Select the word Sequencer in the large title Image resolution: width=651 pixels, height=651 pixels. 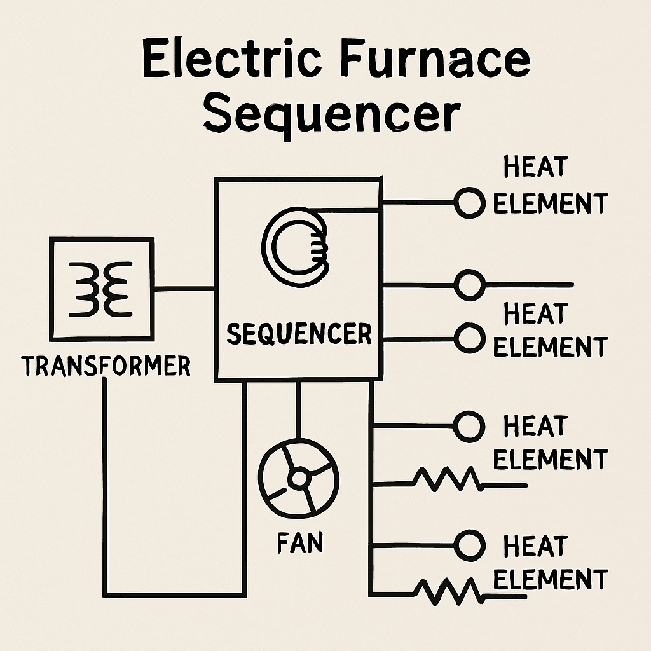coord(332,114)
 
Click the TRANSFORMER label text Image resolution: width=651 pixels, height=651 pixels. coord(106,366)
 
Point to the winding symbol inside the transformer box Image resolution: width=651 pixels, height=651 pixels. coord(102,288)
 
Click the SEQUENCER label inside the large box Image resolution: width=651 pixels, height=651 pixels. coord(299,334)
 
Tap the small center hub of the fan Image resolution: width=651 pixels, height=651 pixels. coord(298,477)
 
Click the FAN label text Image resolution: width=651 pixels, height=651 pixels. coord(299,544)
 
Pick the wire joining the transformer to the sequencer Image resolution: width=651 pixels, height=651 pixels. coord(184,288)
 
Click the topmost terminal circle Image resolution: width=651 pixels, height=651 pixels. coord(470,203)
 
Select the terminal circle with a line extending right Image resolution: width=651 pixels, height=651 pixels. coord(470,284)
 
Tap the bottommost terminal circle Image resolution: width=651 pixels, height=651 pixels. coord(470,545)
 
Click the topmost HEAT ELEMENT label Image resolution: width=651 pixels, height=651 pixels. coord(550,186)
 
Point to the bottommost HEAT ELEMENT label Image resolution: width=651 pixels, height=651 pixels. coord(550,563)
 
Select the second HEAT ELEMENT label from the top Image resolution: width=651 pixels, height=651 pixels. coord(550,331)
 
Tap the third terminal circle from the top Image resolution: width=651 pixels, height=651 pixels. coord(470,338)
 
